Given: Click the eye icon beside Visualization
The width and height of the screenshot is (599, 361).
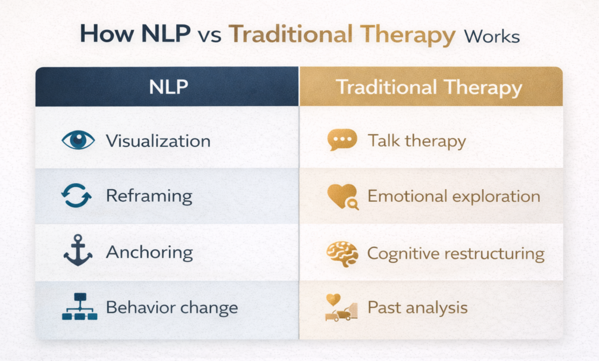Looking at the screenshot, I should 77,140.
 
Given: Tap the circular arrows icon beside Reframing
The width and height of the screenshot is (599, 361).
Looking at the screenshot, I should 77,196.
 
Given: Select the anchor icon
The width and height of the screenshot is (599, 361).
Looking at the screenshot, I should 77,252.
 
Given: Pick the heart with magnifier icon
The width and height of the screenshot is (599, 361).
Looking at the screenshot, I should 341,197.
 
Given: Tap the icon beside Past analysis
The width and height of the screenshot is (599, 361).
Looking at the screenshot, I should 340,308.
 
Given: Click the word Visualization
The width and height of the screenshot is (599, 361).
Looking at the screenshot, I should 158,141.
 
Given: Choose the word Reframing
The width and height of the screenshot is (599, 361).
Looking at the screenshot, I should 149,197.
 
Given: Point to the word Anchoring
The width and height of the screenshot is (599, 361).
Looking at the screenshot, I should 149,253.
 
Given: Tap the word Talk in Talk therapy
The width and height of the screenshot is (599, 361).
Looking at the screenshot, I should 381,141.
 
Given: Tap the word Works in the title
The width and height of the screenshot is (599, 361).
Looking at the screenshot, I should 491,36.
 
